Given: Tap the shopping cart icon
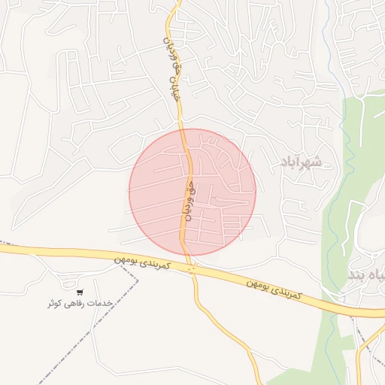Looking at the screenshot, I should click(x=80, y=292).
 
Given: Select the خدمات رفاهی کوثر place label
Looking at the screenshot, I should click(x=79, y=303).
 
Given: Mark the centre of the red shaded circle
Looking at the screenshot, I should click(x=192, y=191).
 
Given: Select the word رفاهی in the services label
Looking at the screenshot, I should click(x=75, y=303).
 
